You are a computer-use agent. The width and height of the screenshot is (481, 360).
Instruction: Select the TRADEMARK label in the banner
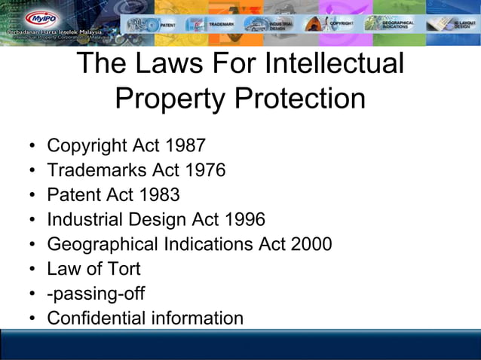click(x=223, y=23)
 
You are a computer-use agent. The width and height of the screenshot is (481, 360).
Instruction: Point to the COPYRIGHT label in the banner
click(x=342, y=23)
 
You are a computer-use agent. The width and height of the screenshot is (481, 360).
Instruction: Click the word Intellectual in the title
click(x=335, y=64)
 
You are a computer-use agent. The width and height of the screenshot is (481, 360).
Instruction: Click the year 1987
click(x=185, y=145)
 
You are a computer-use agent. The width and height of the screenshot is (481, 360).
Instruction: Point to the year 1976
click(x=204, y=170)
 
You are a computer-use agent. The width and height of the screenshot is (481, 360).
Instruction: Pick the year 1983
click(x=159, y=195)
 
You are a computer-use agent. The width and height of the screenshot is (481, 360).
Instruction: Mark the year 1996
click(x=244, y=220)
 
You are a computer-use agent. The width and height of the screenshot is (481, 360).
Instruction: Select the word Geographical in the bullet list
click(x=103, y=245)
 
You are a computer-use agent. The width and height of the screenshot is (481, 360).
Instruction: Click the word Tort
click(x=122, y=269)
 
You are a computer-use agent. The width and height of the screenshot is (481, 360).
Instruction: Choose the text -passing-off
click(x=96, y=294)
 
